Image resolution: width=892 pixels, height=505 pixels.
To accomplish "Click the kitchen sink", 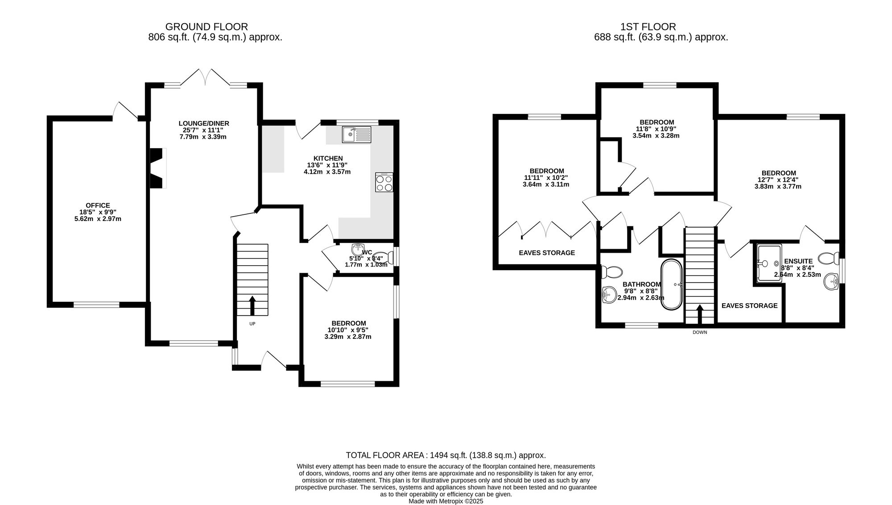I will pos(356,134).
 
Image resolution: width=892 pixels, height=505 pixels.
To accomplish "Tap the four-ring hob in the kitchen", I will pos(384,183).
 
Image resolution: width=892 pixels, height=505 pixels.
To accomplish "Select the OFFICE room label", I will pos(98,205).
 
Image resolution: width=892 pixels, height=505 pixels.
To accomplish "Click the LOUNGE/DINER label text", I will pos(204,124).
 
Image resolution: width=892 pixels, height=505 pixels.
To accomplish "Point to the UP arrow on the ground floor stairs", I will pos(252,305).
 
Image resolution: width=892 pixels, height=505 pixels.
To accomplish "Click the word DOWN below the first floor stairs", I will pos(700,332).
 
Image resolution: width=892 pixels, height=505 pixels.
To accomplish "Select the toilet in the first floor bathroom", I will pos(612,271).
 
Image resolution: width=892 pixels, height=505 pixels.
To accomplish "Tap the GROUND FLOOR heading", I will pos(206,27).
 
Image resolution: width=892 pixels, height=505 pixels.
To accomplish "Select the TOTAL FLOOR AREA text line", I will pos(446,455).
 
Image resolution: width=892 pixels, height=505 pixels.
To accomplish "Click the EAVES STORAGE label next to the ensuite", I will pos(749,306).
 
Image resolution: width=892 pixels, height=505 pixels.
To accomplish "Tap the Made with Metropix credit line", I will pos(446,501).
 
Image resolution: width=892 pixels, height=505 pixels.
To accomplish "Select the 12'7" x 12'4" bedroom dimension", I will pos(778,180).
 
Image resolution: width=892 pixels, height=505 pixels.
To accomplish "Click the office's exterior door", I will pos(125,110).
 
